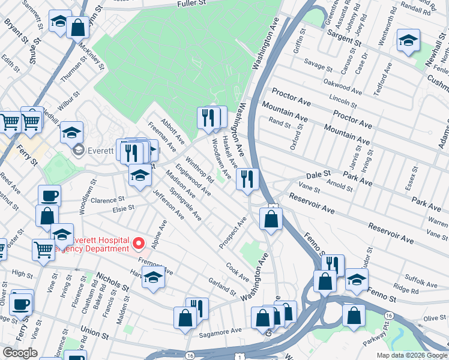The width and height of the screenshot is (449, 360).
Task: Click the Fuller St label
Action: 191,4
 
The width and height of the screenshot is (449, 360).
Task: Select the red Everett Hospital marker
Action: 139,244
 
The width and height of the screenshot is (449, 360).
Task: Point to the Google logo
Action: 20,353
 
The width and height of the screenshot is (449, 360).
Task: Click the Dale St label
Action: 318,174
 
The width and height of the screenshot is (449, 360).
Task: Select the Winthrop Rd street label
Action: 200,170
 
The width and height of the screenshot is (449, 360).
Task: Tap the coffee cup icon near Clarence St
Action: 49,196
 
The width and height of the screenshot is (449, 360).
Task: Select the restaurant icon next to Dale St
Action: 247,179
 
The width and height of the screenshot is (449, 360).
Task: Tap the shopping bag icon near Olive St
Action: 354,315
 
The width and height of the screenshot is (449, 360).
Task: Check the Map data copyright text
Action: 412,355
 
